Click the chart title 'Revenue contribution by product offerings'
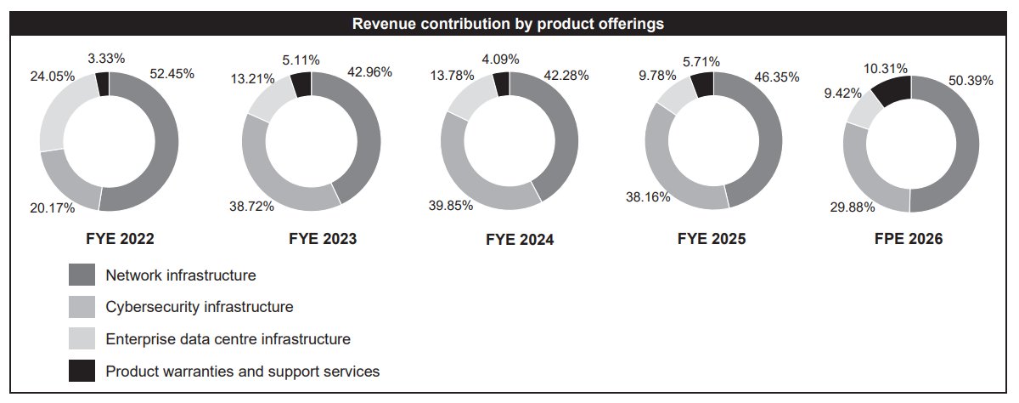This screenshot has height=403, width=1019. point(508,24)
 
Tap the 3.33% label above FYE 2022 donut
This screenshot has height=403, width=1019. point(106,59)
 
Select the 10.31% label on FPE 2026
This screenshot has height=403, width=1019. point(886,68)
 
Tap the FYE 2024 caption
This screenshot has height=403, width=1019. point(520,240)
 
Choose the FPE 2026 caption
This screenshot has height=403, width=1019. point(909,239)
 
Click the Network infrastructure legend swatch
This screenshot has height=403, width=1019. point(82,275)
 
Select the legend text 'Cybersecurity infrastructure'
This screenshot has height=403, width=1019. point(200,306)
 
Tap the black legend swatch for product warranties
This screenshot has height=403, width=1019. point(82,371)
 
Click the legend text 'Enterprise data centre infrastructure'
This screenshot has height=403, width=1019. point(228,338)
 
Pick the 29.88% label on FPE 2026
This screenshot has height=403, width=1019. point(851,207)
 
